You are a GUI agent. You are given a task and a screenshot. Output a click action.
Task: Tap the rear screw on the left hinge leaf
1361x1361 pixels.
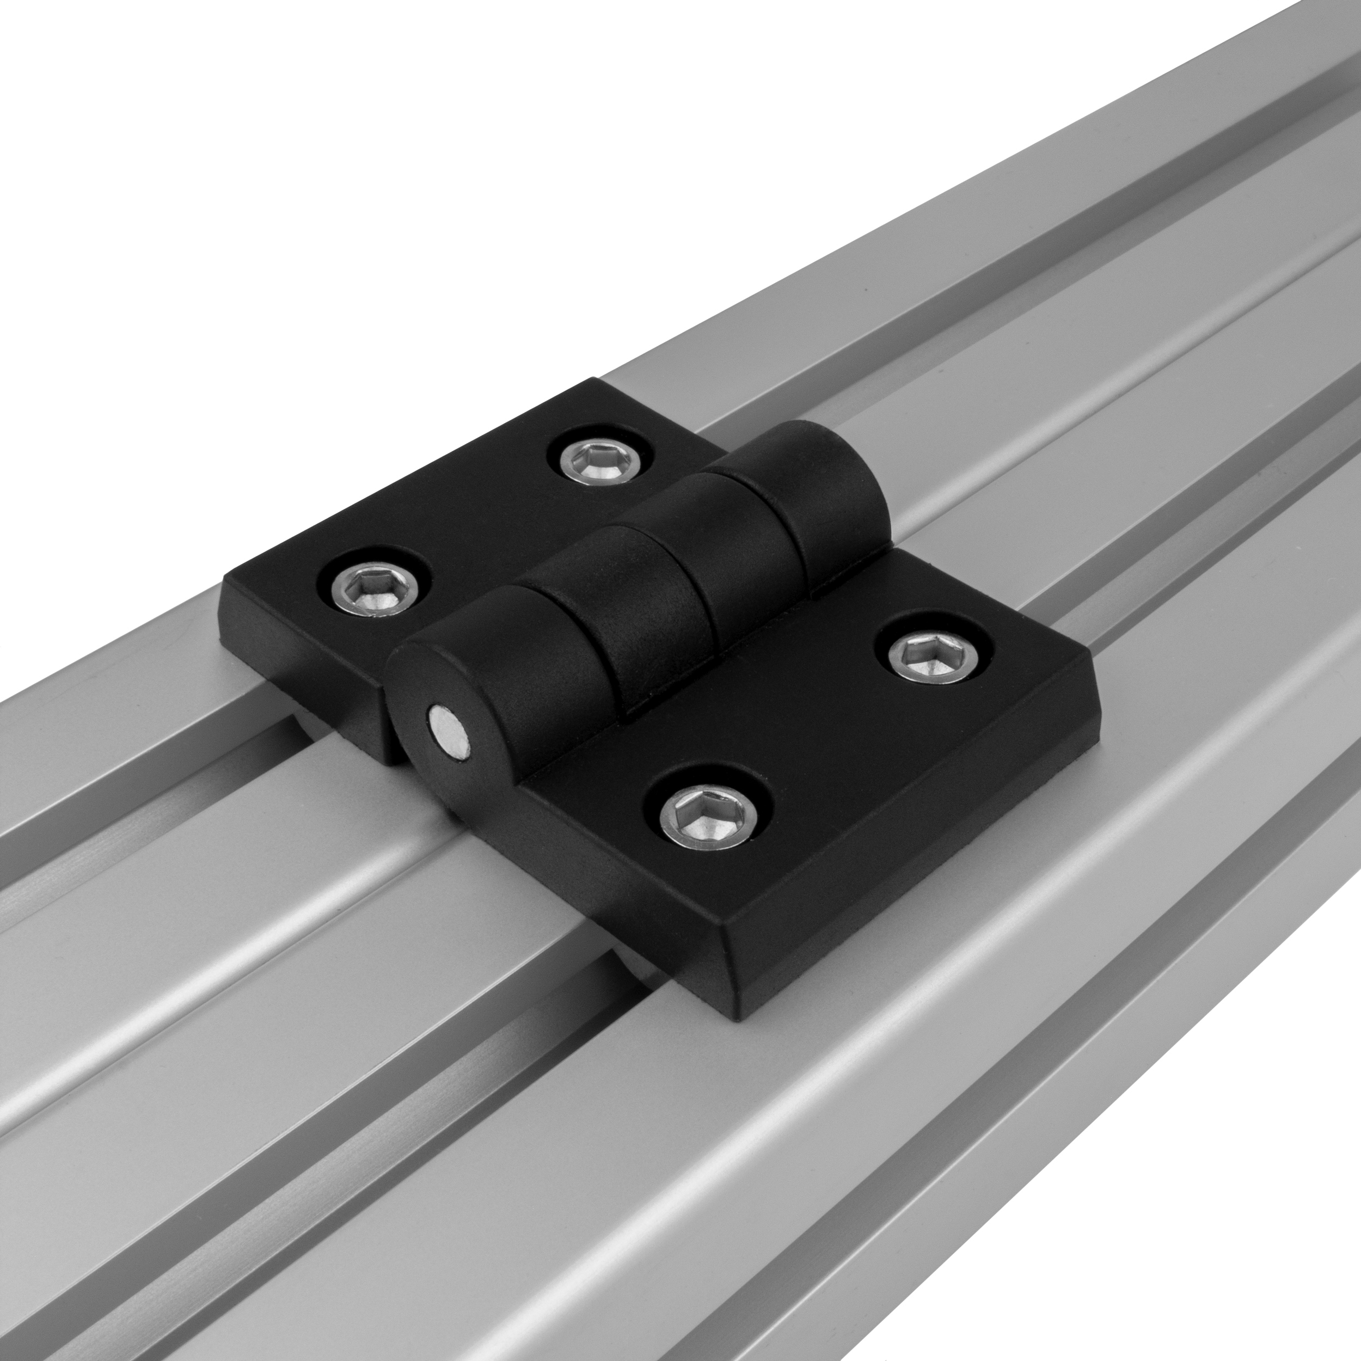click(601, 462)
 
